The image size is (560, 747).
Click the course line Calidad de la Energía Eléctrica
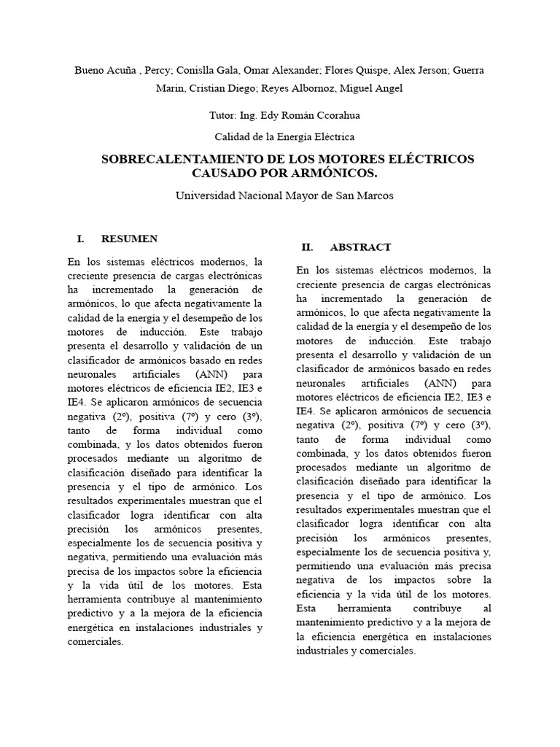pos(284,136)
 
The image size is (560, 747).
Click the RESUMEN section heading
pos(129,239)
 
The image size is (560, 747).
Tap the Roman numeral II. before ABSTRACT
pos(308,247)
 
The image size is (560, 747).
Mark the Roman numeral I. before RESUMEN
pos(81,239)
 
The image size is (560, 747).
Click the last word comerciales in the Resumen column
pos(96,643)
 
